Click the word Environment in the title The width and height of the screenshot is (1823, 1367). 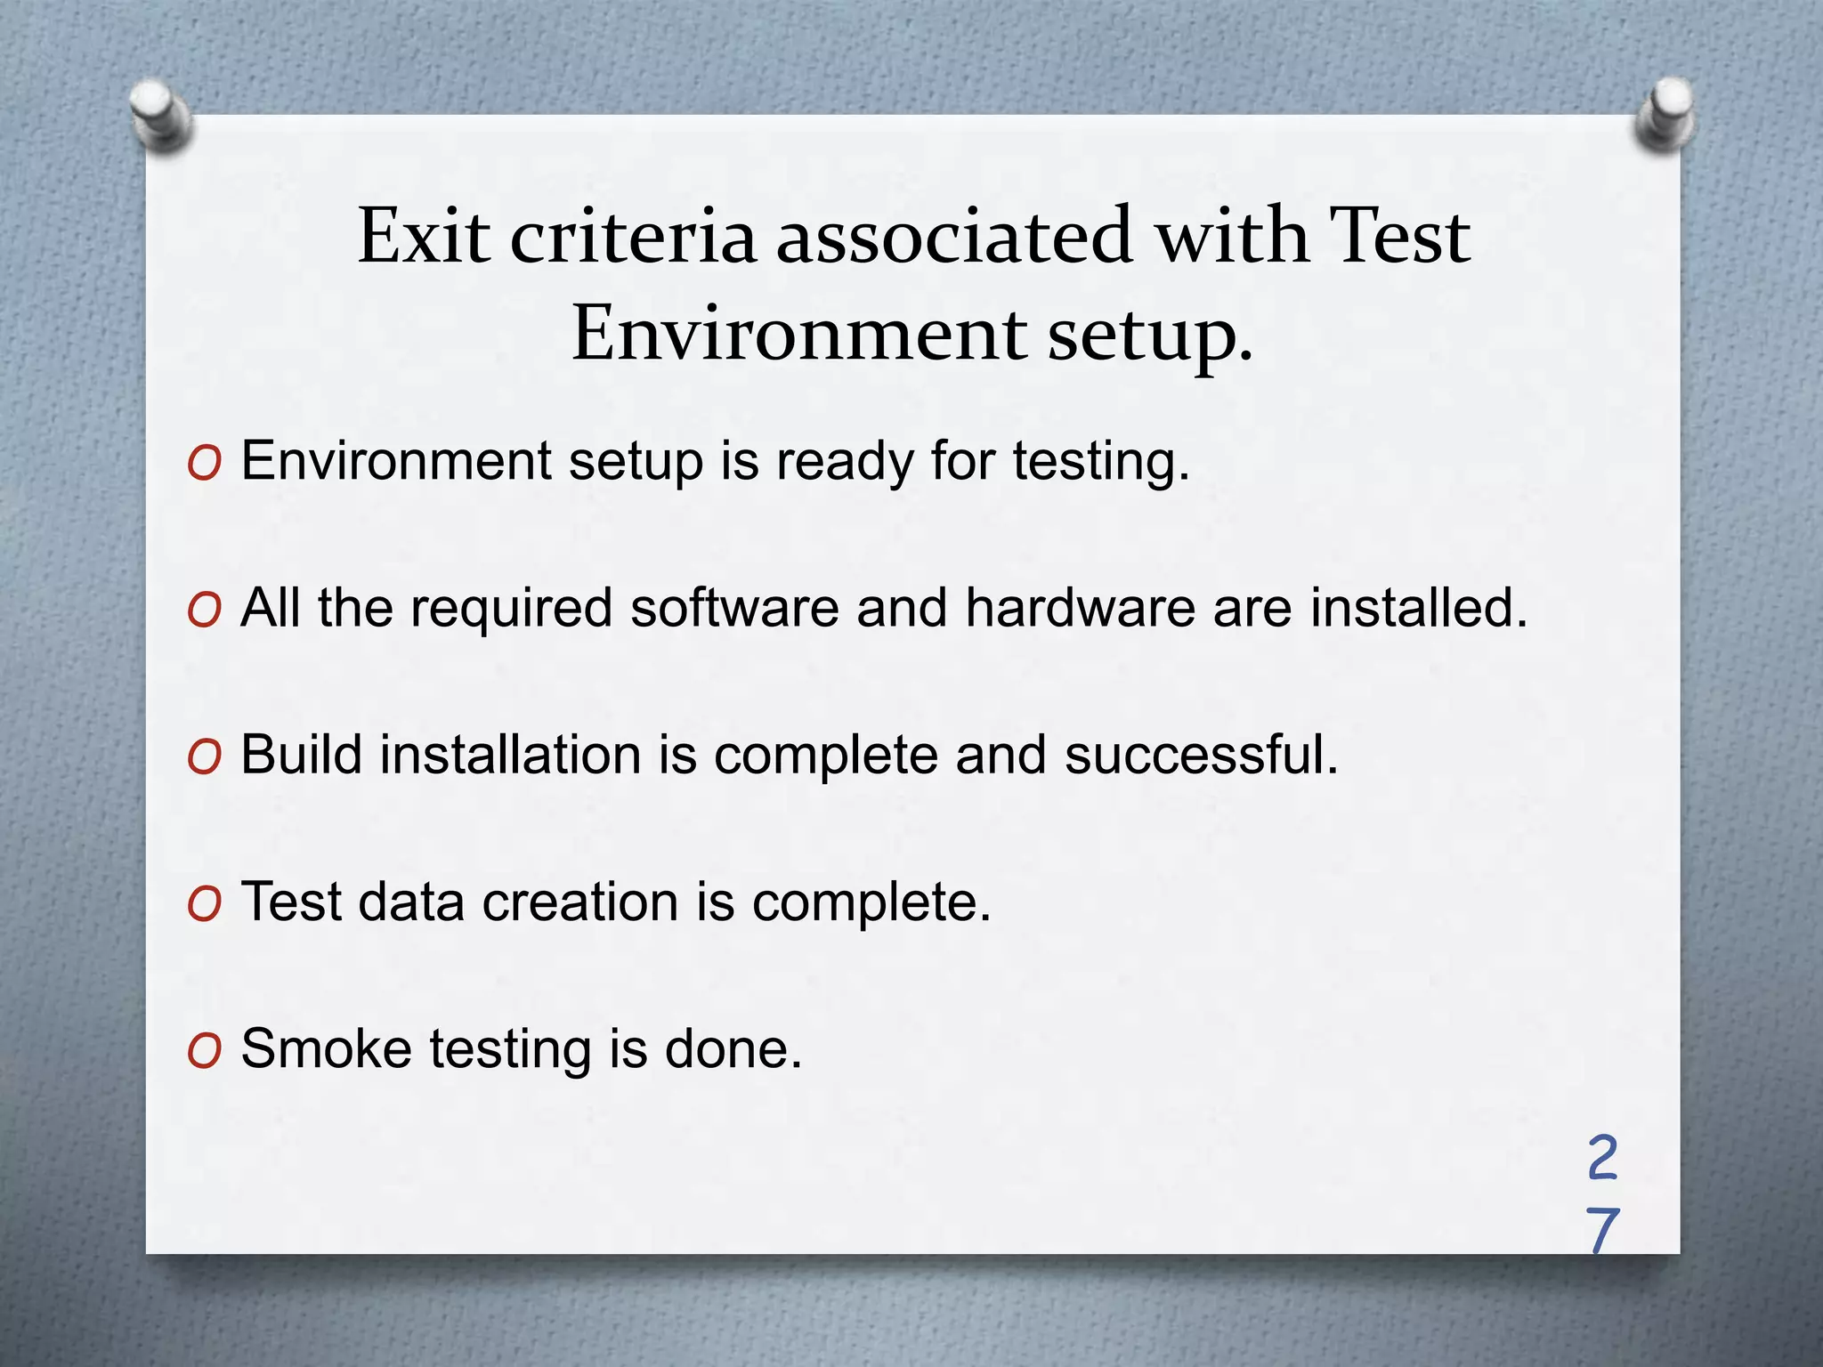click(x=799, y=334)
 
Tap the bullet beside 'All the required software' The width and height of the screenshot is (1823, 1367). click(x=204, y=611)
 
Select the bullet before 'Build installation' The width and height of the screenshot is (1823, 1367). click(x=204, y=757)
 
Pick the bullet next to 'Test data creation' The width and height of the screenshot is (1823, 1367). click(x=204, y=904)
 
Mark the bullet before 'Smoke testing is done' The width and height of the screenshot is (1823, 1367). click(x=204, y=1051)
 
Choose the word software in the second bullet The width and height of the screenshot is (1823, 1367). click(x=734, y=608)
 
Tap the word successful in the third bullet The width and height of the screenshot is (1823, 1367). click(x=1201, y=755)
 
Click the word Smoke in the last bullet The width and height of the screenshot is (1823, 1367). click(x=326, y=1048)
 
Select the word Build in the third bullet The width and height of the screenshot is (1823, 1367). click(x=302, y=755)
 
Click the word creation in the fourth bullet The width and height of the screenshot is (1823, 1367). click(x=580, y=902)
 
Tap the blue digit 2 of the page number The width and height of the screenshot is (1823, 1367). click(x=1602, y=1158)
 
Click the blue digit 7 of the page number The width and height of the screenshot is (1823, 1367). click(x=1602, y=1231)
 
